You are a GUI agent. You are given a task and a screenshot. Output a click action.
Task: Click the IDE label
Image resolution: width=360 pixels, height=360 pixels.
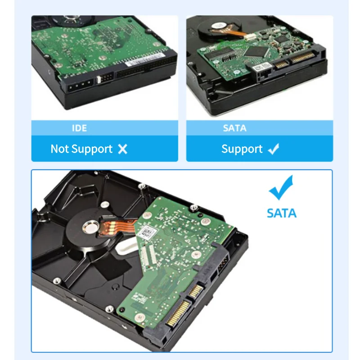point(79,128)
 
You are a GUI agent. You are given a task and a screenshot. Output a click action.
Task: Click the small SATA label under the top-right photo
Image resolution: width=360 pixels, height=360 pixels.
point(234,128)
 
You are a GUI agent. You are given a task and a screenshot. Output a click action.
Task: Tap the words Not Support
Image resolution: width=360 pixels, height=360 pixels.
point(81,149)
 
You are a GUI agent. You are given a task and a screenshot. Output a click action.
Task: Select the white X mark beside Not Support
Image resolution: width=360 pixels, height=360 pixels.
point(122,149)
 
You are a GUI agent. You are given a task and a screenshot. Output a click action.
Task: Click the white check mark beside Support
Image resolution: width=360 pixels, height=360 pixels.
point(273,149)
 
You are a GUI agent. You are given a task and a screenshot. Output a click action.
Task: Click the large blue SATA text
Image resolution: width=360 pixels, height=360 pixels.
point(282,213)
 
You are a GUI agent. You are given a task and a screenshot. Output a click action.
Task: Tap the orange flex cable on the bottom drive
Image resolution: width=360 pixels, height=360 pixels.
point(111,229)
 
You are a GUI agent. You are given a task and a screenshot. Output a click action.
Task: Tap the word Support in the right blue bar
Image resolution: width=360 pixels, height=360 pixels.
point(242,149)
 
